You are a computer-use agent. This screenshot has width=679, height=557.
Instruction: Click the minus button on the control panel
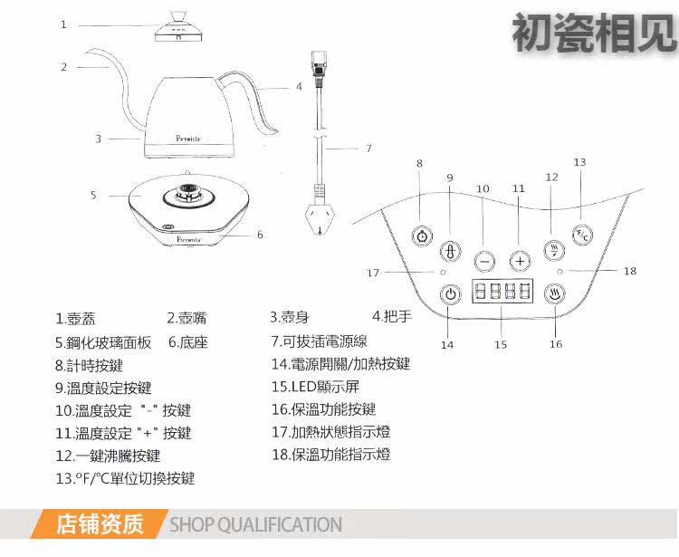[484, 261]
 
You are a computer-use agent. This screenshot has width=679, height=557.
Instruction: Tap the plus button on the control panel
[519, 261]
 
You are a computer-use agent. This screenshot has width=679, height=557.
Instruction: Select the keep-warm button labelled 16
[556, 294]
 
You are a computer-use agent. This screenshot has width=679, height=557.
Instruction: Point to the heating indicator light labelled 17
[443, 272]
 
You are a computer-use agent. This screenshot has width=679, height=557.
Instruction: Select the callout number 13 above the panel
[579, 162]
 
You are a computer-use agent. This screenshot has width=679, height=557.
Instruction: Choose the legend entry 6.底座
[188, 342]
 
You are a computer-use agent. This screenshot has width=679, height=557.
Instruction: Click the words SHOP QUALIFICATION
[256, 524]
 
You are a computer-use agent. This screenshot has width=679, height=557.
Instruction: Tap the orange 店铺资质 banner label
[100, 524]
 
